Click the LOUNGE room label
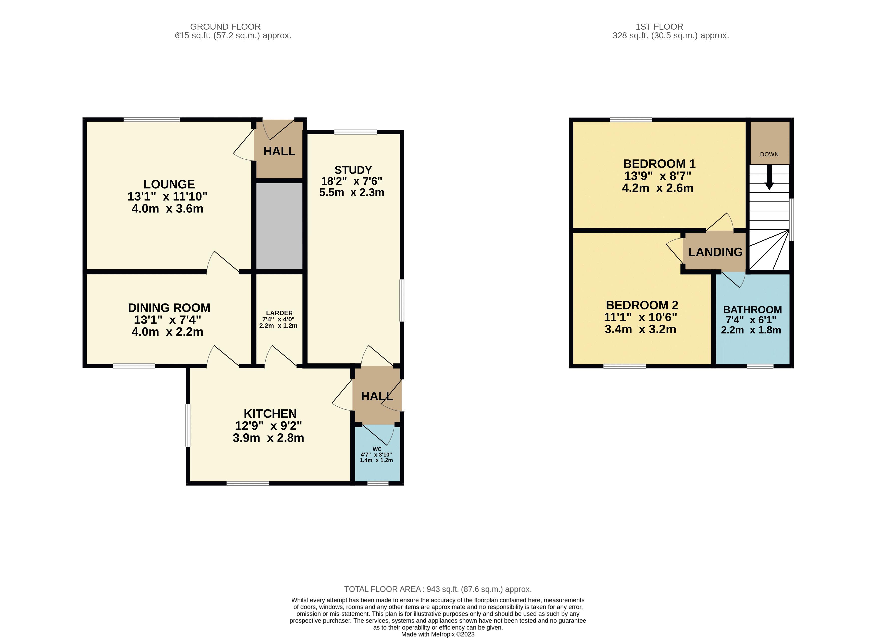(x=169, y=184)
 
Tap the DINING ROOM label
(x=169, y=308)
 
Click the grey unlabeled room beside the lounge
(x=279, y=226)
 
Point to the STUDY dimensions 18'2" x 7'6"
(x=352, y=181)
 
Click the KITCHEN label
(x=270, y=414)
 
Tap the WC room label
(x=377, y=449)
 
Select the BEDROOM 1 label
(x=659, y=164)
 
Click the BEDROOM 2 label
(x=642, y=305)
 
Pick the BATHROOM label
(x=752, y=310)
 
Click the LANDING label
(x=715, y=252)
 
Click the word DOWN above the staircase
(x=769, y=154)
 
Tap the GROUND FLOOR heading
(x=225, y=27)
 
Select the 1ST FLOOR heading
(x=659, y=27)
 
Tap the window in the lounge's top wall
(x=151, y=119)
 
